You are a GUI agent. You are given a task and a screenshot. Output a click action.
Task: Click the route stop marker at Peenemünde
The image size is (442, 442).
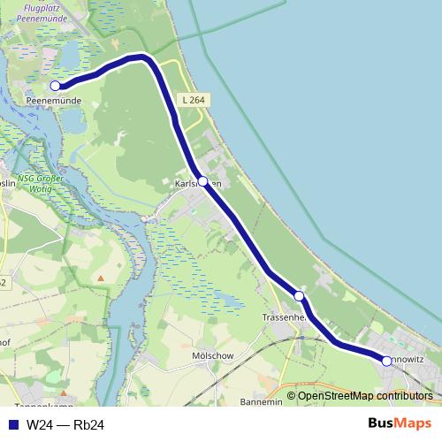coord(55,86)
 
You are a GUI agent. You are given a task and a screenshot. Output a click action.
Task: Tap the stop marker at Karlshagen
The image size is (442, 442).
coord(202,181)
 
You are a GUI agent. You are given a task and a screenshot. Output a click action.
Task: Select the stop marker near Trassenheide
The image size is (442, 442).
coord(300,296)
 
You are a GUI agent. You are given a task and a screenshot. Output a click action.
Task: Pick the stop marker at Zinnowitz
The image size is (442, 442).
coord(386,361)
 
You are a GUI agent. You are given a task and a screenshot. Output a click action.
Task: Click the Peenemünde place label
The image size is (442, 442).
coord(55,102)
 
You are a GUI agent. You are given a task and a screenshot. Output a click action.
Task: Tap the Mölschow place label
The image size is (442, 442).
coord(211,356)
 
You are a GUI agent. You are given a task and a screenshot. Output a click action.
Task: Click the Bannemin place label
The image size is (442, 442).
coord(261,401)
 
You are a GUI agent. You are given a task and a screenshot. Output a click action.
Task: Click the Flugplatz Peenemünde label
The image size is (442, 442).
coord(54,12)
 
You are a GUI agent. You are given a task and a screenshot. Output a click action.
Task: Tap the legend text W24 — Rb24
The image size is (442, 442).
coord(65,425)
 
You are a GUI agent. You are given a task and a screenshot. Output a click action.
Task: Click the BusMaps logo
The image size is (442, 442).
coord(400,423)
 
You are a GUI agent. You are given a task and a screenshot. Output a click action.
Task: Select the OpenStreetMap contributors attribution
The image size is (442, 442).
coord(365,396)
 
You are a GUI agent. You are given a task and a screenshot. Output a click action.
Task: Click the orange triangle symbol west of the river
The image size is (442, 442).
coord(101,278)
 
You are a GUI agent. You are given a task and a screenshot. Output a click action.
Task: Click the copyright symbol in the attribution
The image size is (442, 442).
coord(292,396)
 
